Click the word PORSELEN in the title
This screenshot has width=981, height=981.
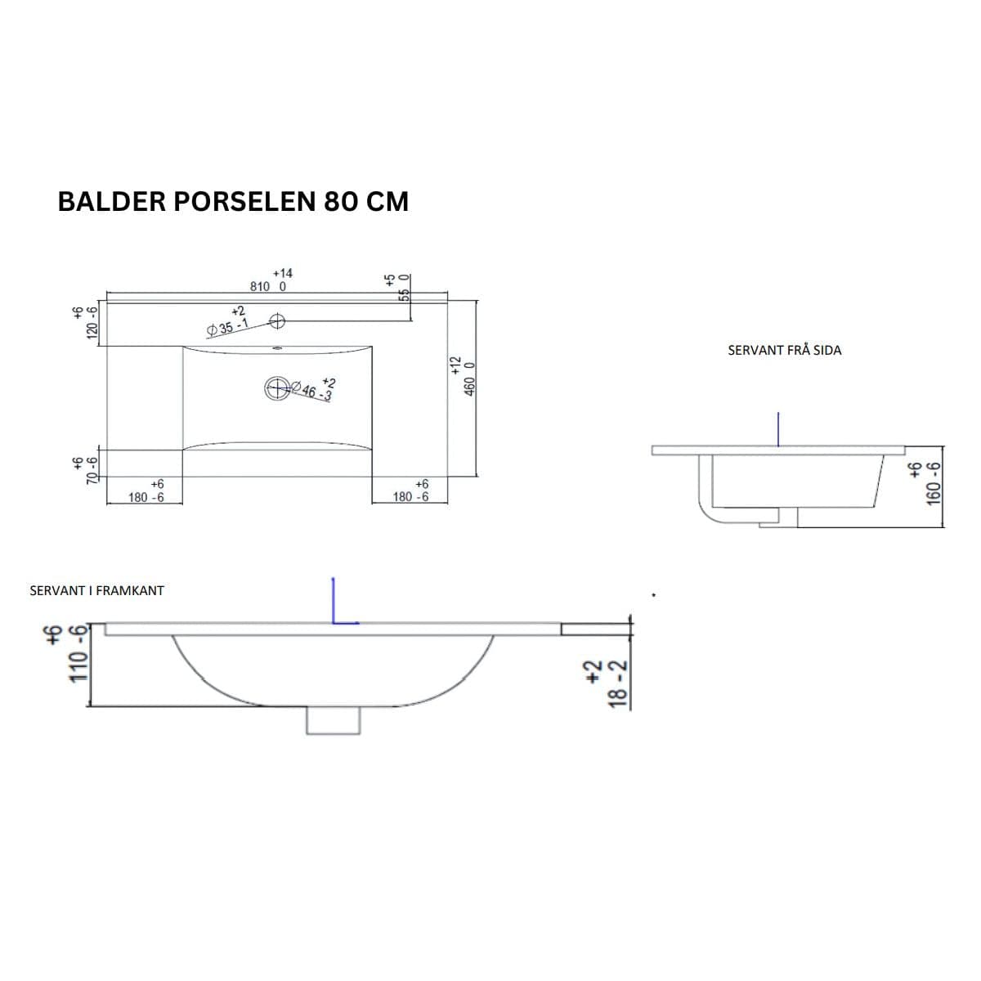point(245,202)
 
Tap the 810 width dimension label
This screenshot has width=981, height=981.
point(260,287)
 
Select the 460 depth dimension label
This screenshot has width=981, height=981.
point(470,387)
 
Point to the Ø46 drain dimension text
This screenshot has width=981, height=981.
point(311,391)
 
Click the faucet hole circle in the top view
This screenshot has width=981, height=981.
point(277,320)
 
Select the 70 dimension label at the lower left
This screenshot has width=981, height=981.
point(92,477)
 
